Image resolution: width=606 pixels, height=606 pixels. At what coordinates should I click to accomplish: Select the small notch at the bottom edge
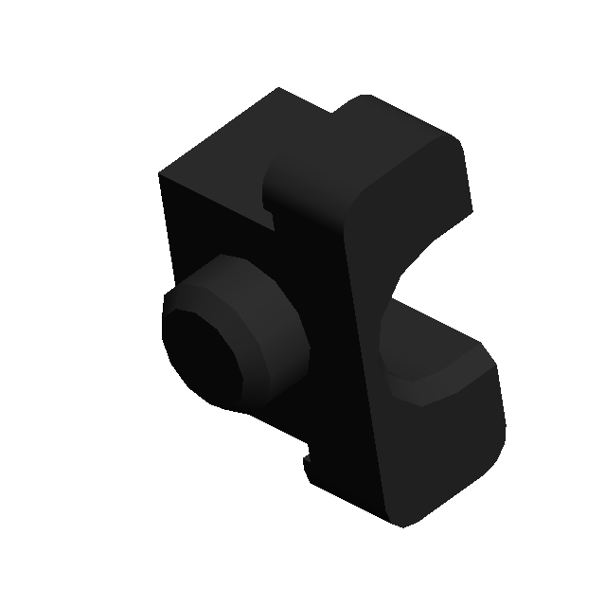[307, 463]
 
